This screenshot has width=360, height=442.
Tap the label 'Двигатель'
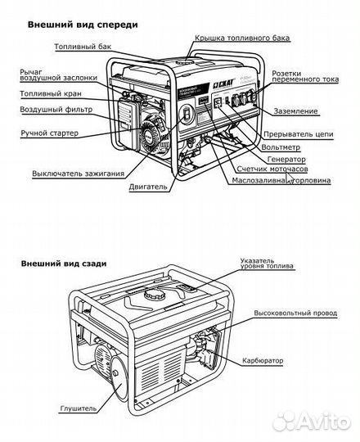[x=148, y=187]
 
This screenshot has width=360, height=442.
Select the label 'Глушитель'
[x=77, y=407]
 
